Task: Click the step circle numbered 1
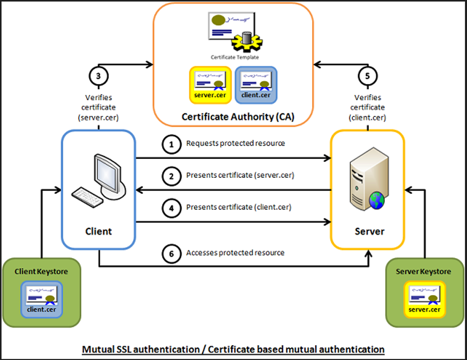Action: [x=171, y=144]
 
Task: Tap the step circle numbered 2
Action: [x=171, y=176]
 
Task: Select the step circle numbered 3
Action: [x=99, y=77]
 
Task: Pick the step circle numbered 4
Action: [x=171, y=208]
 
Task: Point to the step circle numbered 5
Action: [x=368, y=77]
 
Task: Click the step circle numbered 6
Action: [x=171, y=253]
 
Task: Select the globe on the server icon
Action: [x=376, y=201]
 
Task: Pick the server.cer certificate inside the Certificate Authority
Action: [x=210, y=84]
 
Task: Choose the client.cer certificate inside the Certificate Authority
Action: [x=256, y=84]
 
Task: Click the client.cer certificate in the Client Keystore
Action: [x=42, y=299]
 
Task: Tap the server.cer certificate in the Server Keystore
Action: [x=424, y=299]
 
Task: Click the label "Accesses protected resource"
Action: [x=235, y=253]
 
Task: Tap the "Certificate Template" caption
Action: [x=234, y=57]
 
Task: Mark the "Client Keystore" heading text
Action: [x=41, y=271]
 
